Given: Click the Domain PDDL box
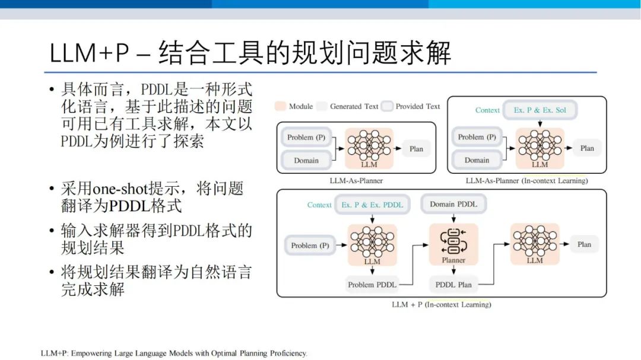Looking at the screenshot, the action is (x=453, y=204).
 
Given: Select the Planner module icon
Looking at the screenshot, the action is (x=453, y=241).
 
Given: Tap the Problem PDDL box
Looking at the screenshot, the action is (x=372, y=285).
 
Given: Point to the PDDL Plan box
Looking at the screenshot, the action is (x=453, y=285).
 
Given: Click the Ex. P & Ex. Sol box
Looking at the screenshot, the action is (x=540, y=110).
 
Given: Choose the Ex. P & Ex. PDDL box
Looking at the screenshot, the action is (x=372, y=205).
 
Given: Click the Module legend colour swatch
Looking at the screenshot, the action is (x=280, y=106).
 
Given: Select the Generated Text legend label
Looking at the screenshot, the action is (x=354, y=106).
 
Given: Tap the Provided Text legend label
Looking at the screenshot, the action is (x=418, y=106).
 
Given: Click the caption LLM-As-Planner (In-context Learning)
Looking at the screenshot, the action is (x=526, y=181).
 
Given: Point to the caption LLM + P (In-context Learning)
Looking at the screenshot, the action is (x=442, y=304).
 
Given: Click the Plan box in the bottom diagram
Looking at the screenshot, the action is (x=584, y=244).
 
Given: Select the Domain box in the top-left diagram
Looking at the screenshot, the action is (x=306, y=161).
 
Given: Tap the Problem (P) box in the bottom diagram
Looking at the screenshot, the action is (x=310, y=246).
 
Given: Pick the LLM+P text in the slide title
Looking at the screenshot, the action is (x=89, y=53).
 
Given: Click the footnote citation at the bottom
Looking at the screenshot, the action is (x=174, y=353).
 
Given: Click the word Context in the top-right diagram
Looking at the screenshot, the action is (x=487, y=110).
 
